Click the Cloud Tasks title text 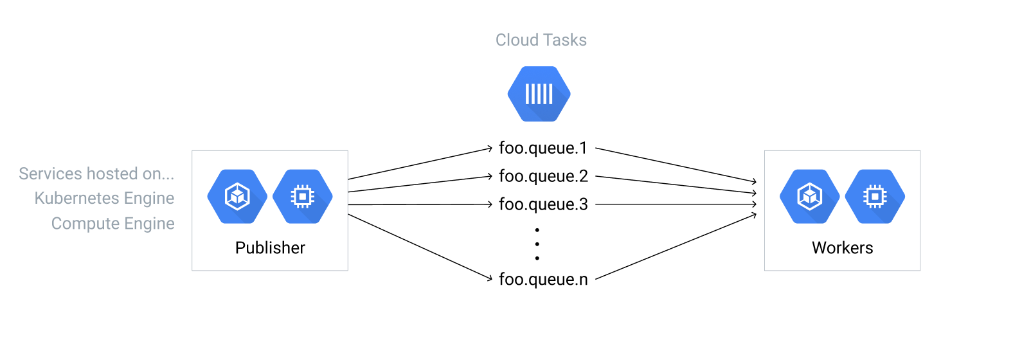pyautogui.click(x=541, y=40)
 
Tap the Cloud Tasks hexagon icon pyautogui.click(x=539, y=94)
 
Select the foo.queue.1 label pyautogui.click(x=543, y=148)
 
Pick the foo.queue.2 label pyautogui.click(x=543, y=176)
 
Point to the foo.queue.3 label pyautogui.click(x=543, y=204)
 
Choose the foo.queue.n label pyautogui.click(x=543, y=279)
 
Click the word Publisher pyautogui.click(x=270, y=248)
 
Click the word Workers pyautogui.click(x=842, y=248)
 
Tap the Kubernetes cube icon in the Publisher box pyautogui.click(x=237, y=197)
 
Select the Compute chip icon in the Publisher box pyautogui.click(x=303, y=197)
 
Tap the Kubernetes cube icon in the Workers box pyautogui.click(x=810, y=197)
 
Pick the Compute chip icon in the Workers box pyautogui.click(x=875, y=197)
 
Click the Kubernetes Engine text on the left pyautogui.click(x=104, y=198)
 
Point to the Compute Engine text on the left pyautogui.click(x=112, y=224)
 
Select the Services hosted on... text pyautogui.click(x=96, y=174)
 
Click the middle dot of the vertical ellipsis pyautogui.click(x=537, y=244)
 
